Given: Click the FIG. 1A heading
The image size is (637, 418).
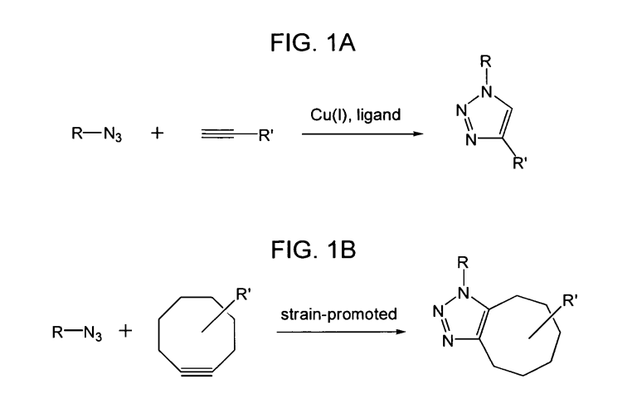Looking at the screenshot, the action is point(313,42).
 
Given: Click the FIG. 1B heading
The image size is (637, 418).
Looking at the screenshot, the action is point(314,250).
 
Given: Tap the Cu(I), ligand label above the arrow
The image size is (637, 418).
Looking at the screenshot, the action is point(356,115).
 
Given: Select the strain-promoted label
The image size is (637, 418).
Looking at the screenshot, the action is point(338,314).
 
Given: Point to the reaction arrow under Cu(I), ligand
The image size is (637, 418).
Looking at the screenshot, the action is point(362,134).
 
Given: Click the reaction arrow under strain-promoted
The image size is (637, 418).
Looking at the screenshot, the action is point(341,332).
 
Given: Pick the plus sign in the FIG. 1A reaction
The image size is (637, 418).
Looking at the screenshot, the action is point(158,133).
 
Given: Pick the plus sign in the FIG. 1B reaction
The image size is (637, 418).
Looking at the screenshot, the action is point(125,331).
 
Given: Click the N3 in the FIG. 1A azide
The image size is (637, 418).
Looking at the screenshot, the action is point(113,134).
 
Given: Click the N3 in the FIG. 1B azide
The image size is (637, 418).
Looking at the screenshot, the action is point(93,333).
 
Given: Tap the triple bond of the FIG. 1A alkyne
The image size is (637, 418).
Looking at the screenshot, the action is point(217,134).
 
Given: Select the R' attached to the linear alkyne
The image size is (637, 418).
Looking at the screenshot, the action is point(266,135).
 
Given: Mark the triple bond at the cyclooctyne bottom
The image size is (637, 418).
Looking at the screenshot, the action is point(197,372).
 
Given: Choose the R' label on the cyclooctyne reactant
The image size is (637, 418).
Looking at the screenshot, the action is point(243,294).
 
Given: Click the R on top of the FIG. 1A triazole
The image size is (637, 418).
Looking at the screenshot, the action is point(485,61).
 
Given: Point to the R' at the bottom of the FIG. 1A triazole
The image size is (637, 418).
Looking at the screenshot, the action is point(519,163).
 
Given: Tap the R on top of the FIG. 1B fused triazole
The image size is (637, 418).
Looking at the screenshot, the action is point(463,263).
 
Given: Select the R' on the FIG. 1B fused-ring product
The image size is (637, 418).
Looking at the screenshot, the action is point(570,301).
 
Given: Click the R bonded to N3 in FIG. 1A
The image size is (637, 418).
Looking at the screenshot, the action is point(77,133).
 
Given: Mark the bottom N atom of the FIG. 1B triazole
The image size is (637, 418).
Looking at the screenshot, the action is point(448,341).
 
